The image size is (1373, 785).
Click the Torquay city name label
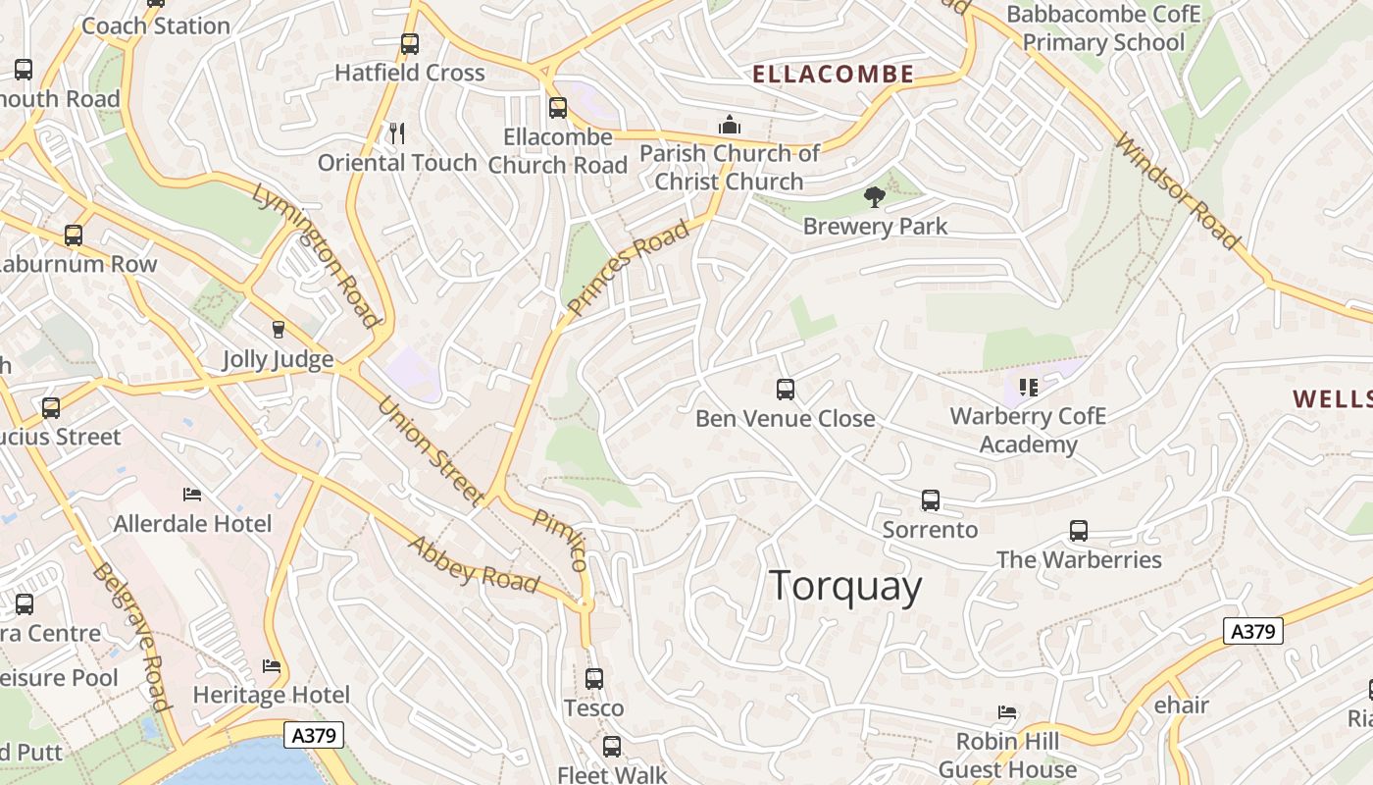(x=845, y=587)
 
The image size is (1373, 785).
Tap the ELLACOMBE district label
(x=833, y=74)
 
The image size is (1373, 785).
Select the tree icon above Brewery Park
(x=874, y=197)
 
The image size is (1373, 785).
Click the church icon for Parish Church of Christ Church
(x=729, y=125)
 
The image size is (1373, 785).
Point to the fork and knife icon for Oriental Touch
(x=397, y=133)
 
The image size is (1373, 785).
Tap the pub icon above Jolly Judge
(x=278, y=329)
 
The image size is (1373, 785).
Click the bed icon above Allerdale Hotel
(x=192, y=494)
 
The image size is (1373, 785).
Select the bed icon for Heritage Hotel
(x=272, y=666)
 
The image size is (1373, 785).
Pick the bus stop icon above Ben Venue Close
(x=785, y=390)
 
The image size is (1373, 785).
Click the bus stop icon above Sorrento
(x=930, y=500)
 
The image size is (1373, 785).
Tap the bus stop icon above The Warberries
(x=1078, y=531)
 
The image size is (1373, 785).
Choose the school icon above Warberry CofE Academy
(x=1028, y=388)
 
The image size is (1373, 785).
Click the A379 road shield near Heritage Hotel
(x=314, y=735)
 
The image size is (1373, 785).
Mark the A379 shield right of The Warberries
(x=1252, y=631)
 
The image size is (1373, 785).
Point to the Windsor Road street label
(x=1176, y=191)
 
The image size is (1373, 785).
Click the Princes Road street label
(x=628, y=269)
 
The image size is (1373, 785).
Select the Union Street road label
(x=431, y=449)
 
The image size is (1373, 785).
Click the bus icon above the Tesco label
(x=593, y=678)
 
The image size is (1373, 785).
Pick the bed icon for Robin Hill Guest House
(x=1006, y=712)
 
